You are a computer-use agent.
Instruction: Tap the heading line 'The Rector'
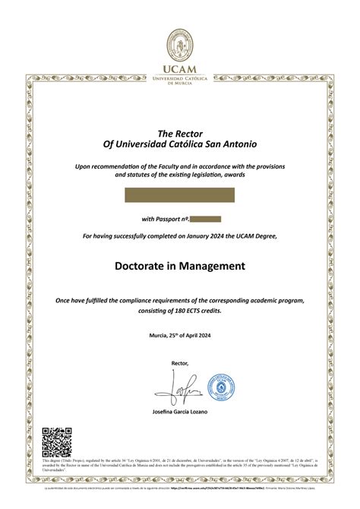[180, 134]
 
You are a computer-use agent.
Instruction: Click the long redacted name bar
[180, 195]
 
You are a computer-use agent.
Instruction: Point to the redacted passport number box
[205, 219]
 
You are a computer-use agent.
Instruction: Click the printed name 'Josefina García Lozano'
[180, 412]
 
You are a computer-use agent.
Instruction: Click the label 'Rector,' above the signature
[180, 363]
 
